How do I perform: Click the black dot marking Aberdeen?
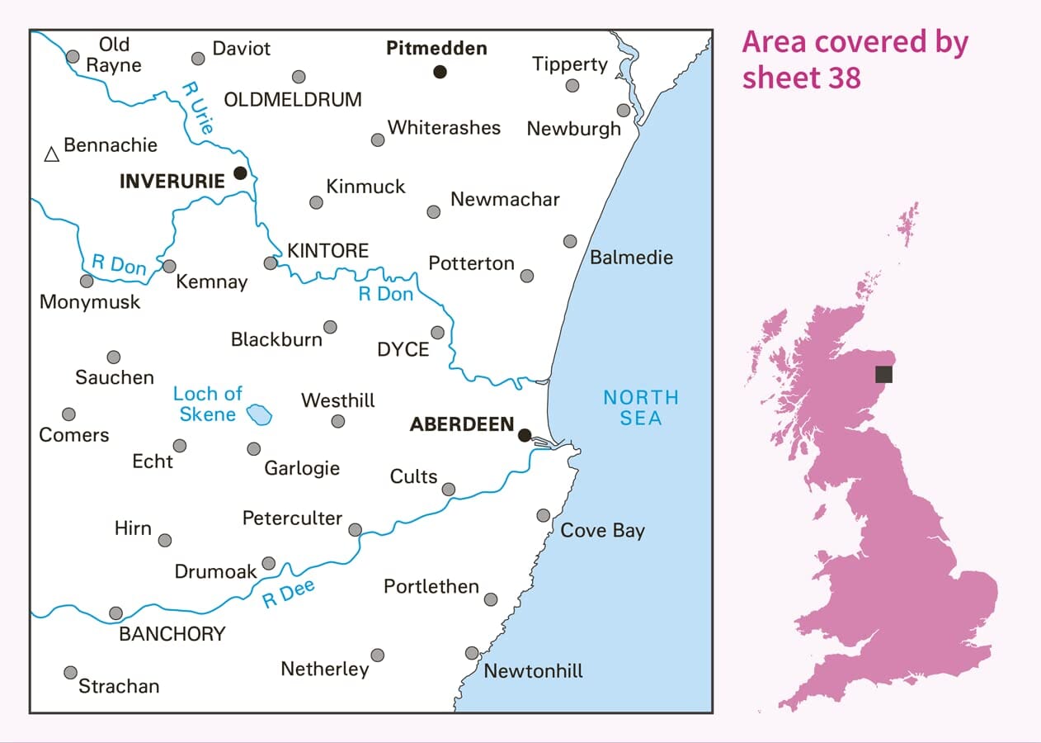tap(525, 435)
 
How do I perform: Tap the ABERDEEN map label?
tap(462, 424)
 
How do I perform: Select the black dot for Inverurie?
tap(240, 173)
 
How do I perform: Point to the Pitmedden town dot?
tap(440, 72)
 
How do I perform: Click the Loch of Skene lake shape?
tap(261, 413)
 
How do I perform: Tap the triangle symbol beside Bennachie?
tap(52, 154)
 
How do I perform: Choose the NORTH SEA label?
tap(641, 407)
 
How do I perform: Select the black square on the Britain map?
tap(883, 374)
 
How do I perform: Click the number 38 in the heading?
tap(841, 78)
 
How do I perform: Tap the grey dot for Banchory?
tap(116, 613)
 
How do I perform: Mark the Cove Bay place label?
tap(602, 530)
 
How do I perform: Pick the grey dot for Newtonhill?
tap(472, 652)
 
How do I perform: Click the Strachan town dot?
tap(71, 672)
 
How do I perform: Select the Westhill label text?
tap(338, 400)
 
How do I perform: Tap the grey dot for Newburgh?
tap(624, 110)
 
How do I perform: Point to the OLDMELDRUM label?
tap(293, 100)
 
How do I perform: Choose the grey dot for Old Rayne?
tap(73, 56)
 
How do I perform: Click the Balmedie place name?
tap(631, 258)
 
